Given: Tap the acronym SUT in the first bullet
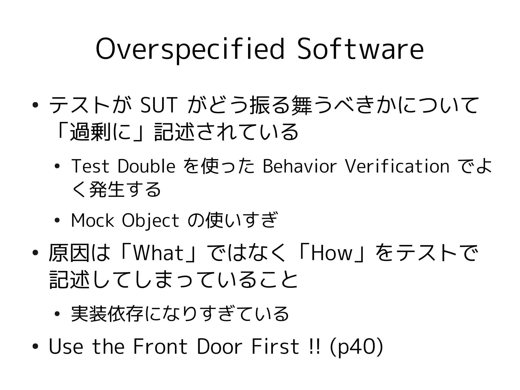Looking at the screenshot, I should point(158,105).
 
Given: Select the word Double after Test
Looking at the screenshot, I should point(146,166).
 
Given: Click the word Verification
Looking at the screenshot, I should point(397,166).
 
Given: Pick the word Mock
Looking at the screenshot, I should point(92,220).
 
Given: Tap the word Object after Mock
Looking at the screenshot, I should point(150,221).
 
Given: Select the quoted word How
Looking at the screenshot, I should point(332,253).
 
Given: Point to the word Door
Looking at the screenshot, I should point(219,346).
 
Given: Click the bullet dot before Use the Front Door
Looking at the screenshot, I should point(35,347).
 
